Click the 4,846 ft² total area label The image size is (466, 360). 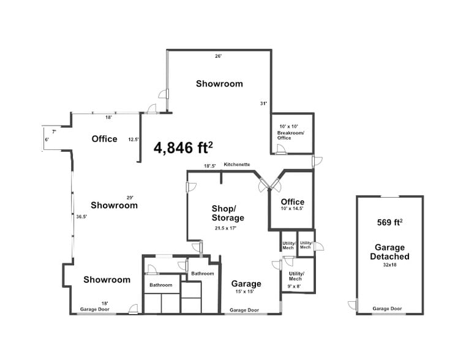coord(183,148)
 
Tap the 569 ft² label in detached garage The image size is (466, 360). coord(389,222)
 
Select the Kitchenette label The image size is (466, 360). coord(236,164)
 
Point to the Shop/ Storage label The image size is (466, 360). coord(228,213)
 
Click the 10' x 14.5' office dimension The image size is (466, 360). coord(292,209)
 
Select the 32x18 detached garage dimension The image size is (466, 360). coord(389,266)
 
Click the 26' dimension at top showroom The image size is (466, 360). coord(218,56)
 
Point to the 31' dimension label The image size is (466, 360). coord(264,103)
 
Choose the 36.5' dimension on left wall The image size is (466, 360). coord(81,216)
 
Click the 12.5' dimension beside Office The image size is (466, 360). coord(133,139)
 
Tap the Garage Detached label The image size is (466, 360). coord(389,252)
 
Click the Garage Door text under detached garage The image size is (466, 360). coord(388,309)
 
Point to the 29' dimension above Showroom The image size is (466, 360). coord(130,197)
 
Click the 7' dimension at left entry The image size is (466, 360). coord(54,132)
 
